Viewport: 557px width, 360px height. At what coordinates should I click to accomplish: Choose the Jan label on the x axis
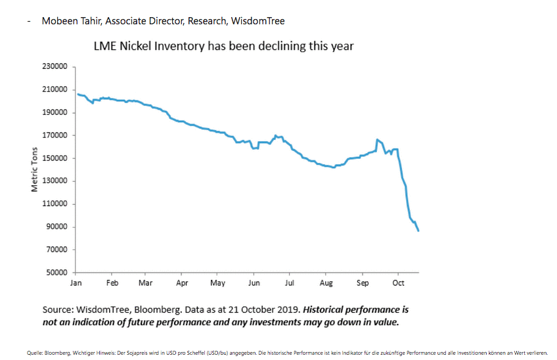pyautogui.click(x=76, y=283)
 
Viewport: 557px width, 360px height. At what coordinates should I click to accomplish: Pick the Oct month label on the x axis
pyautogui.click(x=398, y=283)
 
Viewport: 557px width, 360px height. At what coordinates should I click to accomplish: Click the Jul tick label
pyautogui.click(x=289, y=283)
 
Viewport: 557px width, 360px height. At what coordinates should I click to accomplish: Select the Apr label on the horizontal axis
pyautogui.click(x=182, y=283)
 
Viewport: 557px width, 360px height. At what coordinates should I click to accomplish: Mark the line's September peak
pyautogui.click(x=377, y=140)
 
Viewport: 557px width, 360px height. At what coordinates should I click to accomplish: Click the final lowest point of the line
pyautogui.click(x=418, y=231)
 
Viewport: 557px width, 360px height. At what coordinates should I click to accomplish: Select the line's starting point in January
pyautogui.click(x=77, y=94)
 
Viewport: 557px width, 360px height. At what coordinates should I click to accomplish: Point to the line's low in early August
pyautogui.click(x=334, y=168)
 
